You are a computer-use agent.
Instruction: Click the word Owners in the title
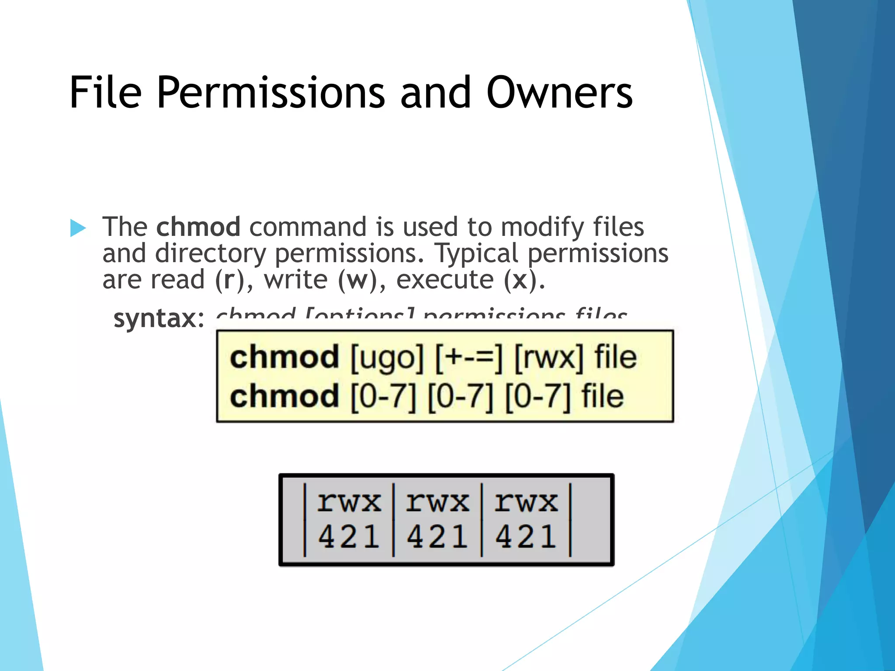tap(559, 93)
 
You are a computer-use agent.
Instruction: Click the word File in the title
tap(105, 93)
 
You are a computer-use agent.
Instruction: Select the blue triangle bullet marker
tap(78, 228)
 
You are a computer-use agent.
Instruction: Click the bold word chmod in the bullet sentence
tap(198, 227)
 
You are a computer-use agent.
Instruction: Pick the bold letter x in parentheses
tap(520, 280)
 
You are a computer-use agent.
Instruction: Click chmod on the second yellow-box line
tap(284, 396)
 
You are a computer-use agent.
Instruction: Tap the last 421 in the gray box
tap(526, 536)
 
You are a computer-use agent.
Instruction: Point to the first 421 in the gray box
tap(349, 536)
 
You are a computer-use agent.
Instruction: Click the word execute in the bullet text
tap(444, 280)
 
